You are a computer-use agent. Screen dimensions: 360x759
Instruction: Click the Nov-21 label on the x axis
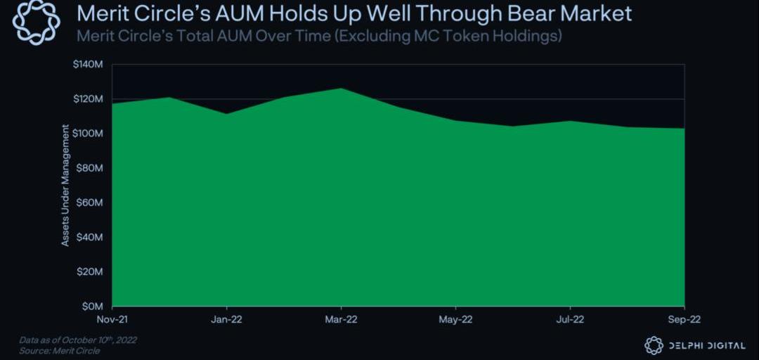tap(112, 319)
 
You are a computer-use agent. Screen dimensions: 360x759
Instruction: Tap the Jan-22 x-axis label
tap(226, 319)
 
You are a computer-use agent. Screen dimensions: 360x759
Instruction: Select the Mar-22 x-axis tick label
tap(341, 319)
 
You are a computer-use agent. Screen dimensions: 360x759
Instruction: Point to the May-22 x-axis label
tap(455, 319)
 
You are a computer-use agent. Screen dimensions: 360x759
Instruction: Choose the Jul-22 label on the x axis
tap(569, 319)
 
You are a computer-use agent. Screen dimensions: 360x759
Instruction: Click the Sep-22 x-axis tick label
tap(684, 319)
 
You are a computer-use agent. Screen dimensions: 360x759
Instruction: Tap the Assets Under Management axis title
tap(65, 185)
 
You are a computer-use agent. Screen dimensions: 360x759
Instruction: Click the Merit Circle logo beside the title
tap(37, 22)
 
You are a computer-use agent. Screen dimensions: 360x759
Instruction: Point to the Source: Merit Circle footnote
tap(59, 351)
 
